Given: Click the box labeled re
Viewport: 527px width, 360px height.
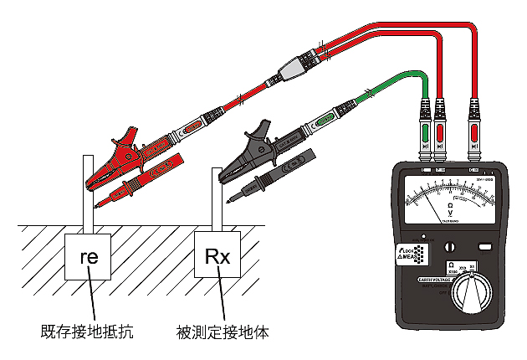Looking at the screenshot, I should (88, 258).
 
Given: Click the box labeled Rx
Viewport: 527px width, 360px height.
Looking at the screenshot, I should (217, 258).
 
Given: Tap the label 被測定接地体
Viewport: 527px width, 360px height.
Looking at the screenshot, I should (223, 332).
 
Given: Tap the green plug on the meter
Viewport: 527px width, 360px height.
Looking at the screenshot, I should (425, 132).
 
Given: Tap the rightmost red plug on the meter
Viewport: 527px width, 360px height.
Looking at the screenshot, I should (474, 132).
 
